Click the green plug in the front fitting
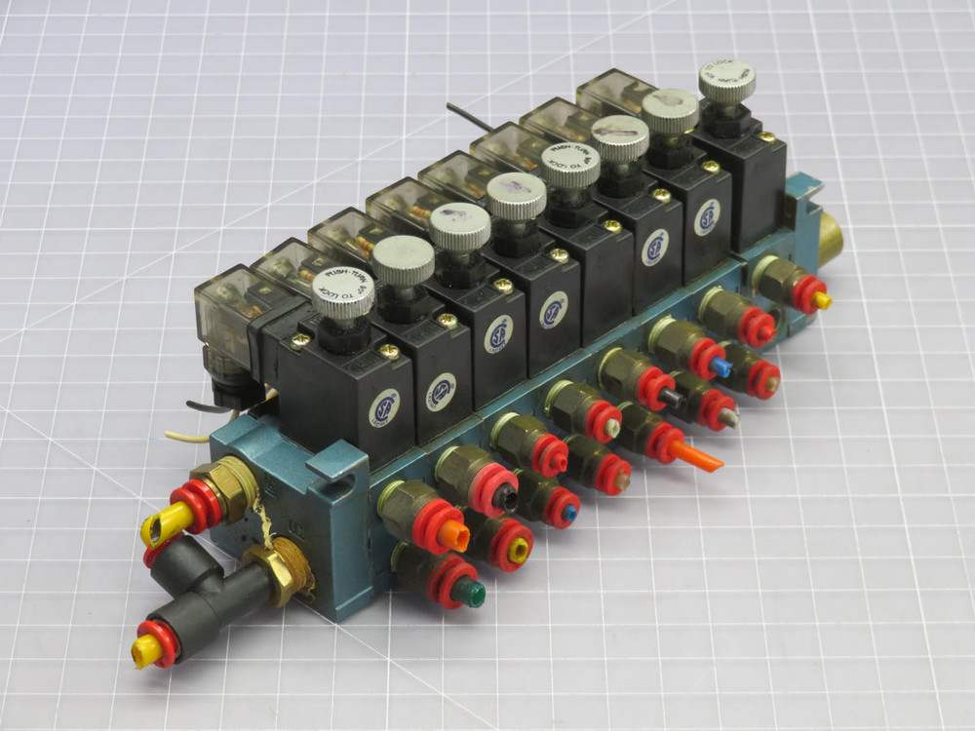[471, 593]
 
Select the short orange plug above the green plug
[455, 535]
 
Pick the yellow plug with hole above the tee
[157, 527]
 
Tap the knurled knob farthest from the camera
[727, 83]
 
